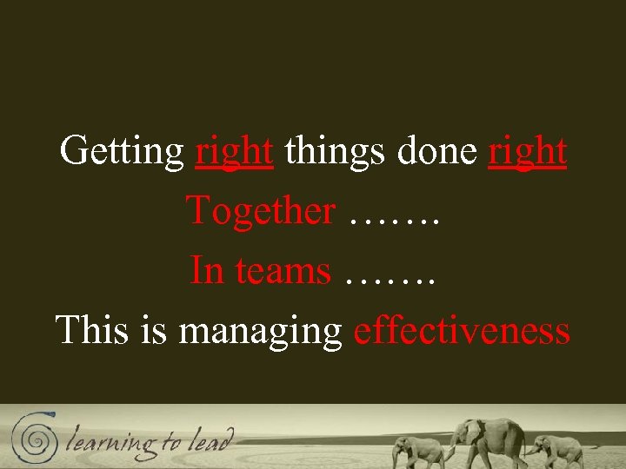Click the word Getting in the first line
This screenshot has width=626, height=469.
tap(121, 152)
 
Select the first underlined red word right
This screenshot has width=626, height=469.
tap(234, 152)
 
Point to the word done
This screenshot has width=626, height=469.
tap(436, 152)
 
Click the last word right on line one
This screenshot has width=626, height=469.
tap(528, 152)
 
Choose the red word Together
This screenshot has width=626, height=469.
tap(260, 211)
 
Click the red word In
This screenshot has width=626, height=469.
tap(206, 271)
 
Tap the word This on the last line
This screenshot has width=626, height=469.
tap(91, 331)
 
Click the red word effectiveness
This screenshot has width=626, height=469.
tap(462, 331)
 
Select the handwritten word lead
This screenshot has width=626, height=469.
tap(212, 439)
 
